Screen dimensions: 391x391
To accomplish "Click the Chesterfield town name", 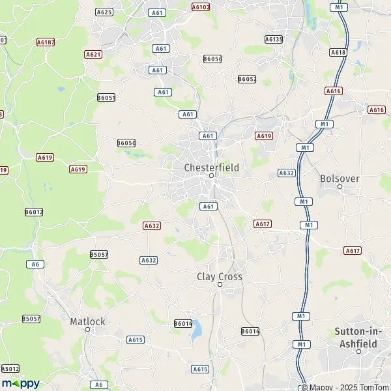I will [211, 167].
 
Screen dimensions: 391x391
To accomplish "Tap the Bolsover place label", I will [340, 177].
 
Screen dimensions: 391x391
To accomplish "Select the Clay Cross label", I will [220, 276].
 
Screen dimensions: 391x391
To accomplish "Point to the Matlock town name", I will [87, 321].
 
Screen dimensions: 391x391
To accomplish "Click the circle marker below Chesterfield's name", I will [211, 176].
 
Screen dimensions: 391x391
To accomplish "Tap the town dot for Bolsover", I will [340, 186].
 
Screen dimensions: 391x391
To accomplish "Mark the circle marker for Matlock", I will [87, 330].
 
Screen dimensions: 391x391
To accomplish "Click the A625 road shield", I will [104, 12].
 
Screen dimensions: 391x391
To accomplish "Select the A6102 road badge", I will [201, 7].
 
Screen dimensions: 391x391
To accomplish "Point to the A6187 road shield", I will [46, 42].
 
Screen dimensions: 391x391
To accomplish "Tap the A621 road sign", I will [93, 55].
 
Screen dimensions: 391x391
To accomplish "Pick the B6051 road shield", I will [106, 98].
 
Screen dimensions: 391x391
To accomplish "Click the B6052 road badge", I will [247, 79].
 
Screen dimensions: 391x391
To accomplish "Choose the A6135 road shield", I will [274, 39].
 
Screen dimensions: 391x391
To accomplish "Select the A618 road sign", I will [338, 52].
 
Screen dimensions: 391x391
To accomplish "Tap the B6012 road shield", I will [34, 212].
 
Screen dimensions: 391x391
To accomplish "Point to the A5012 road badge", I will [10, 368].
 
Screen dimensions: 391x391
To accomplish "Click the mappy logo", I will [20, 383].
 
